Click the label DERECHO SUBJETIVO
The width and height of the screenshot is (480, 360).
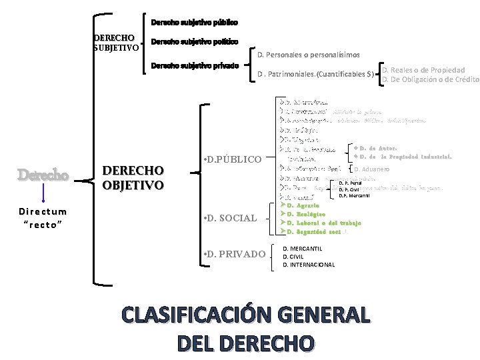point(116,43)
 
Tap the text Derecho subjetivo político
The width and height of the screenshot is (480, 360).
point(194,42)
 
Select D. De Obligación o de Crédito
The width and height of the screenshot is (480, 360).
point(431,80)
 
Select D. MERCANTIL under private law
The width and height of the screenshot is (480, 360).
point(303,249)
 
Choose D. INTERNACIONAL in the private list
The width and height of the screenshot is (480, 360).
point(309,265)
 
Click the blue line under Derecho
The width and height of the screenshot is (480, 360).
point(43,193)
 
